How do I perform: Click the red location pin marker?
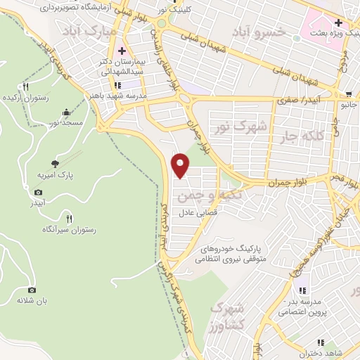(181, 165)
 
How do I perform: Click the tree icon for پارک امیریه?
(55, 163)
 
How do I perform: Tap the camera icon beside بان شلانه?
(32, 290)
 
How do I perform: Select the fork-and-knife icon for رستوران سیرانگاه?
(68, 217)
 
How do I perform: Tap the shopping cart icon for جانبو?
(349, 94)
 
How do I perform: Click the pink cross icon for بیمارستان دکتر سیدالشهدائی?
(122, 51)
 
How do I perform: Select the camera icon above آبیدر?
(38, 191)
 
